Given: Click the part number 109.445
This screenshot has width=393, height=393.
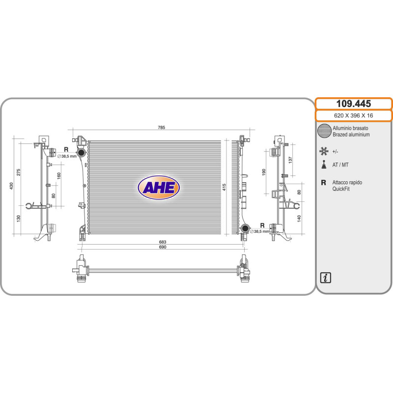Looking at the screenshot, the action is tap(353, 104).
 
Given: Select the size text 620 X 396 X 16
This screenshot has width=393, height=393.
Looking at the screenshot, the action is tap(353, 115).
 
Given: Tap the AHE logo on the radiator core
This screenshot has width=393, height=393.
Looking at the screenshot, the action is tap(159, 188).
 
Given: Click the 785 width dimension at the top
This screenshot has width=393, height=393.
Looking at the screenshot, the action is tap(162, 127).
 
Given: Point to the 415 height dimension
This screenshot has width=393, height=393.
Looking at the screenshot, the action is tap(224, 187).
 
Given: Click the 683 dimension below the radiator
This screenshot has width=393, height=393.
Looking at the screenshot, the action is tap(163, 242).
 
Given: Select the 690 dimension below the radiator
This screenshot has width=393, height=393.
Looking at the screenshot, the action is tap(163, 247).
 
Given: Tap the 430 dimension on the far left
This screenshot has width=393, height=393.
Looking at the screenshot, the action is tap(11, 186).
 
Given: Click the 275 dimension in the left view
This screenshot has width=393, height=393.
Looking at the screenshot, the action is tap(19, 172).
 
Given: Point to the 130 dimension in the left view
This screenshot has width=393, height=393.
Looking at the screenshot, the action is tap(19, 218).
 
